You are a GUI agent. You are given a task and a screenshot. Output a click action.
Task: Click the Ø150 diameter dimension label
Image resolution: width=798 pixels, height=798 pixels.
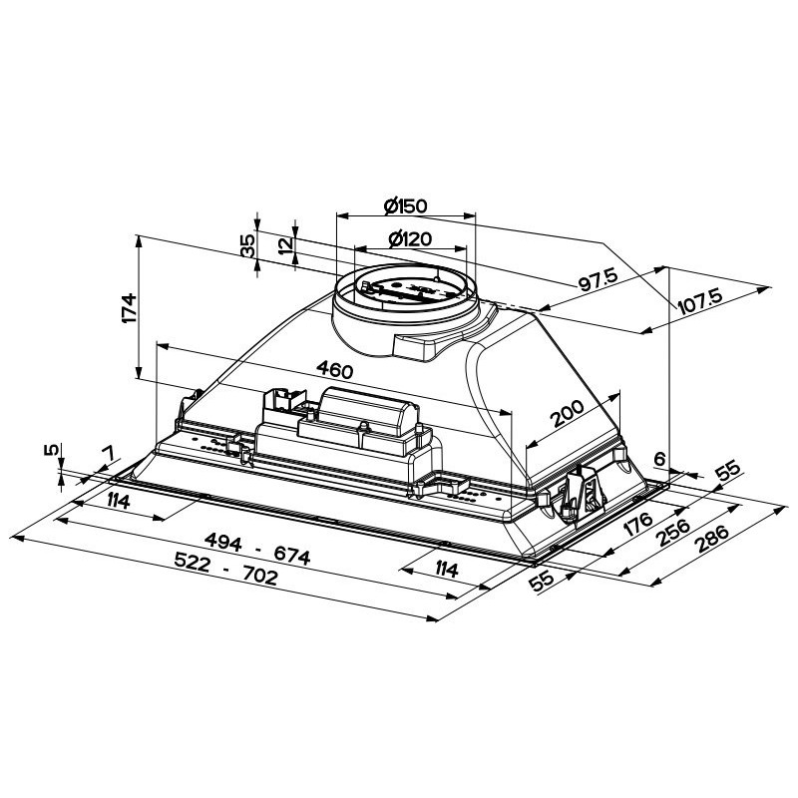click(406, 205)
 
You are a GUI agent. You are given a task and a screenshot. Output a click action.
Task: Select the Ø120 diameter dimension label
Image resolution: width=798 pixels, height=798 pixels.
click(410, 238)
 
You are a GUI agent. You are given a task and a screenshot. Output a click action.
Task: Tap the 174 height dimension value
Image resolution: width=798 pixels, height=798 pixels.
click(130, 307)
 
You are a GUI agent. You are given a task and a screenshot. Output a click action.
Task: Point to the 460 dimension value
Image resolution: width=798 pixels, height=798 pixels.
click(334, 369)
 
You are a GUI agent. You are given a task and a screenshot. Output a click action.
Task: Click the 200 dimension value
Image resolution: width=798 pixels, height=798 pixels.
click(568, 413)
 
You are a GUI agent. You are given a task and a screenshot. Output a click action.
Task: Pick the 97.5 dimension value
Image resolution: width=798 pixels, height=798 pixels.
click(598, 279)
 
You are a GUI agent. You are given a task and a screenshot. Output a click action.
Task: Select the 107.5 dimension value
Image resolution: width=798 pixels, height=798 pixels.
click(700, 300)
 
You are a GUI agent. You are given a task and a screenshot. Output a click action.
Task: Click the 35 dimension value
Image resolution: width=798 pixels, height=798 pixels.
click(247, 245)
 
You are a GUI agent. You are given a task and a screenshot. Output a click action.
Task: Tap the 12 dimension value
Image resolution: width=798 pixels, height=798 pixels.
click(287, 244)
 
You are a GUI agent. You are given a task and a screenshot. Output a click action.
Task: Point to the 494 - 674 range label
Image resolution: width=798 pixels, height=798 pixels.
click(257, 549)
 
